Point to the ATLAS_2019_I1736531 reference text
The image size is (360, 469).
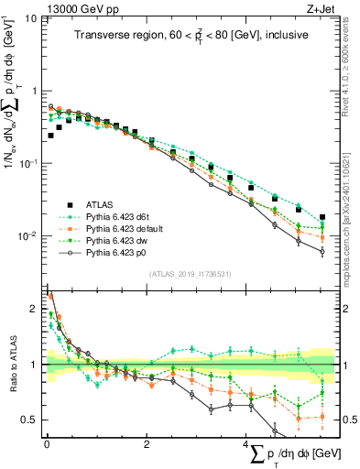189,273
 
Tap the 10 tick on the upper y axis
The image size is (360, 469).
30,17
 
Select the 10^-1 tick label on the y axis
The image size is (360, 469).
27,163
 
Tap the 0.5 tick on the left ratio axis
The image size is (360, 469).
29,420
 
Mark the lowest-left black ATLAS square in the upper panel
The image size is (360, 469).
50,136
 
